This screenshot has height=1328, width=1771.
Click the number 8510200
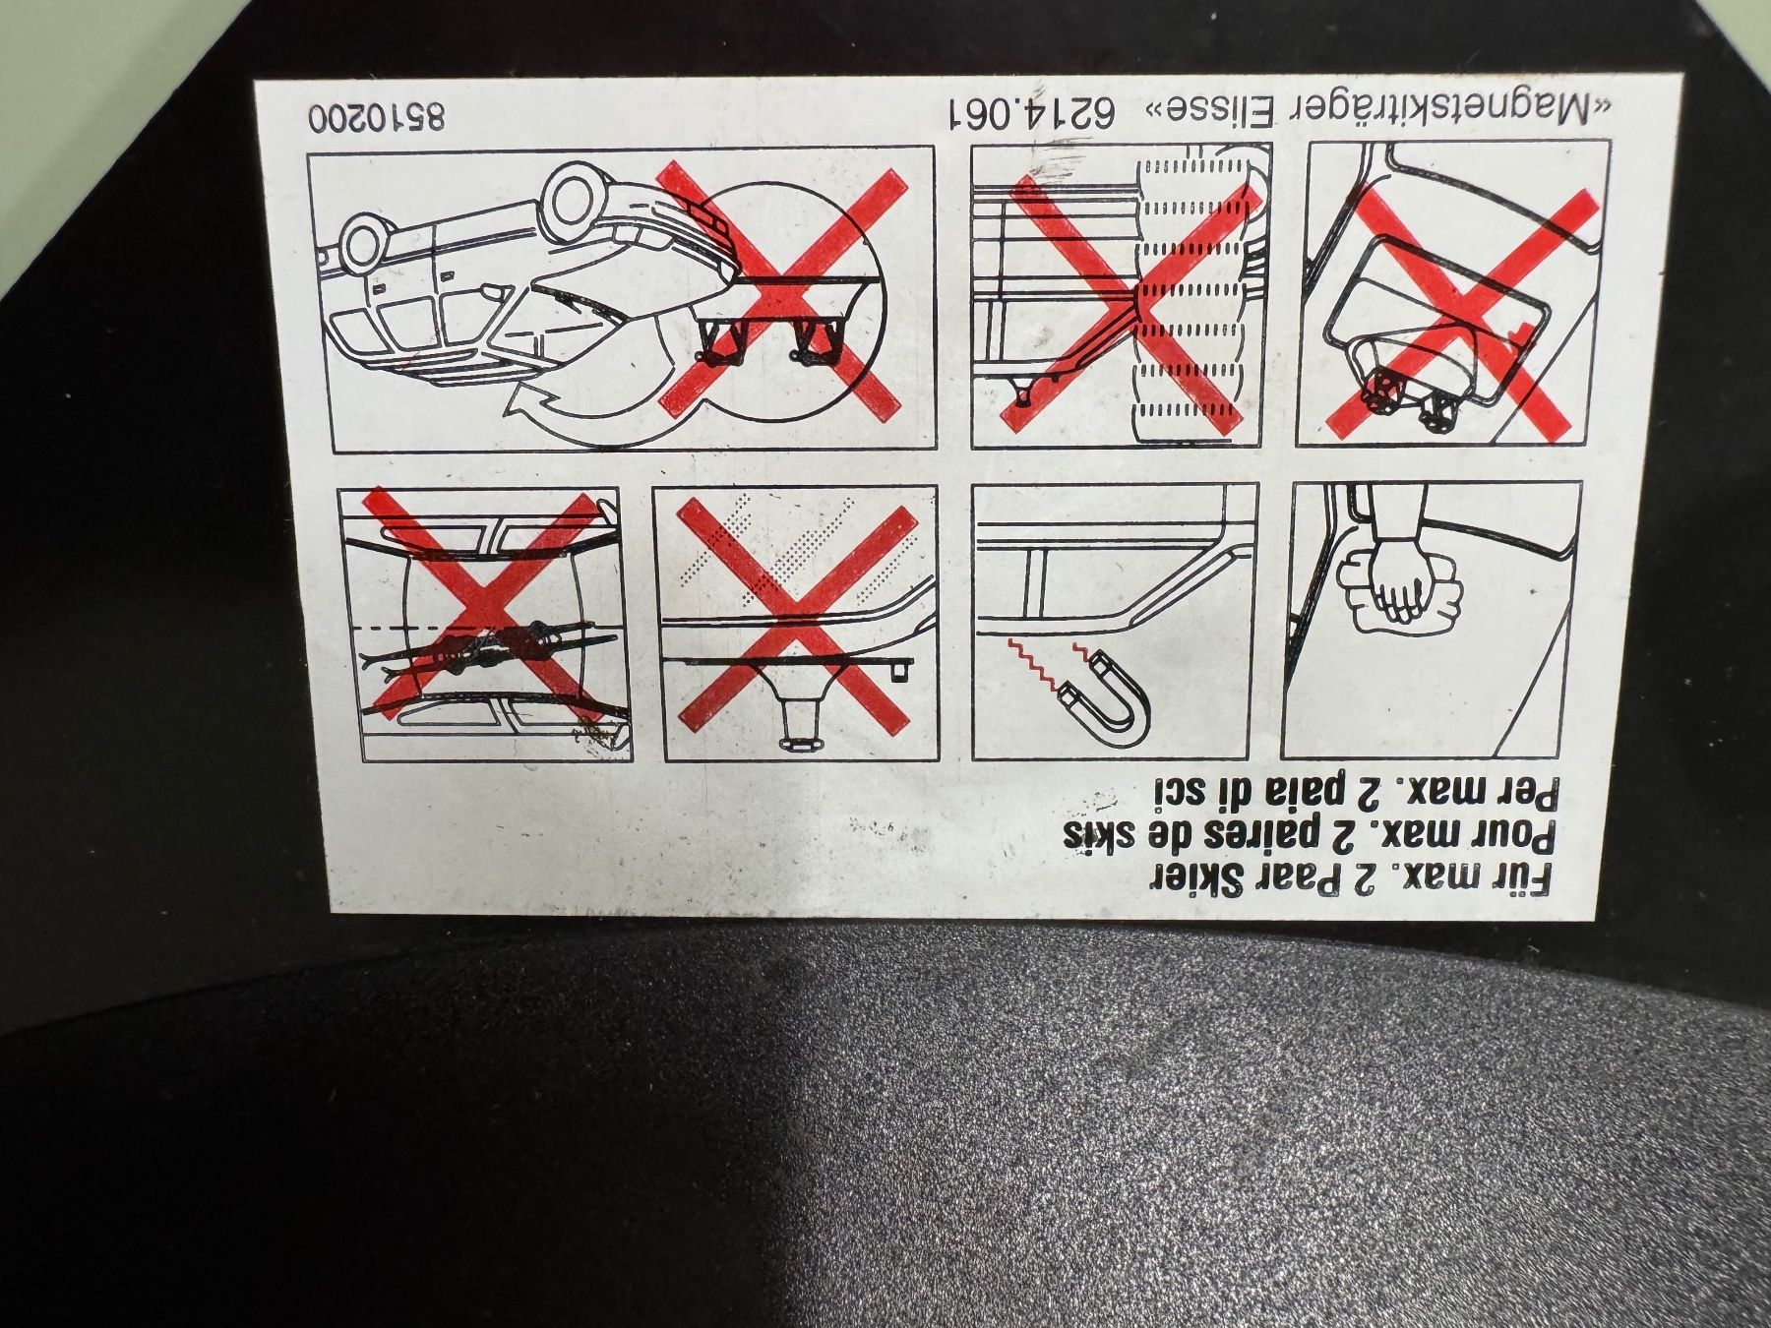pyautogui.click(x=377, y=117)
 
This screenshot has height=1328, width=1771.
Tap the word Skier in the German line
pyautogui.click(x=1209, y=878)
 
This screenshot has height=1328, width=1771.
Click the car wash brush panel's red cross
pyautogui.click(x=1129, y=302)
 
